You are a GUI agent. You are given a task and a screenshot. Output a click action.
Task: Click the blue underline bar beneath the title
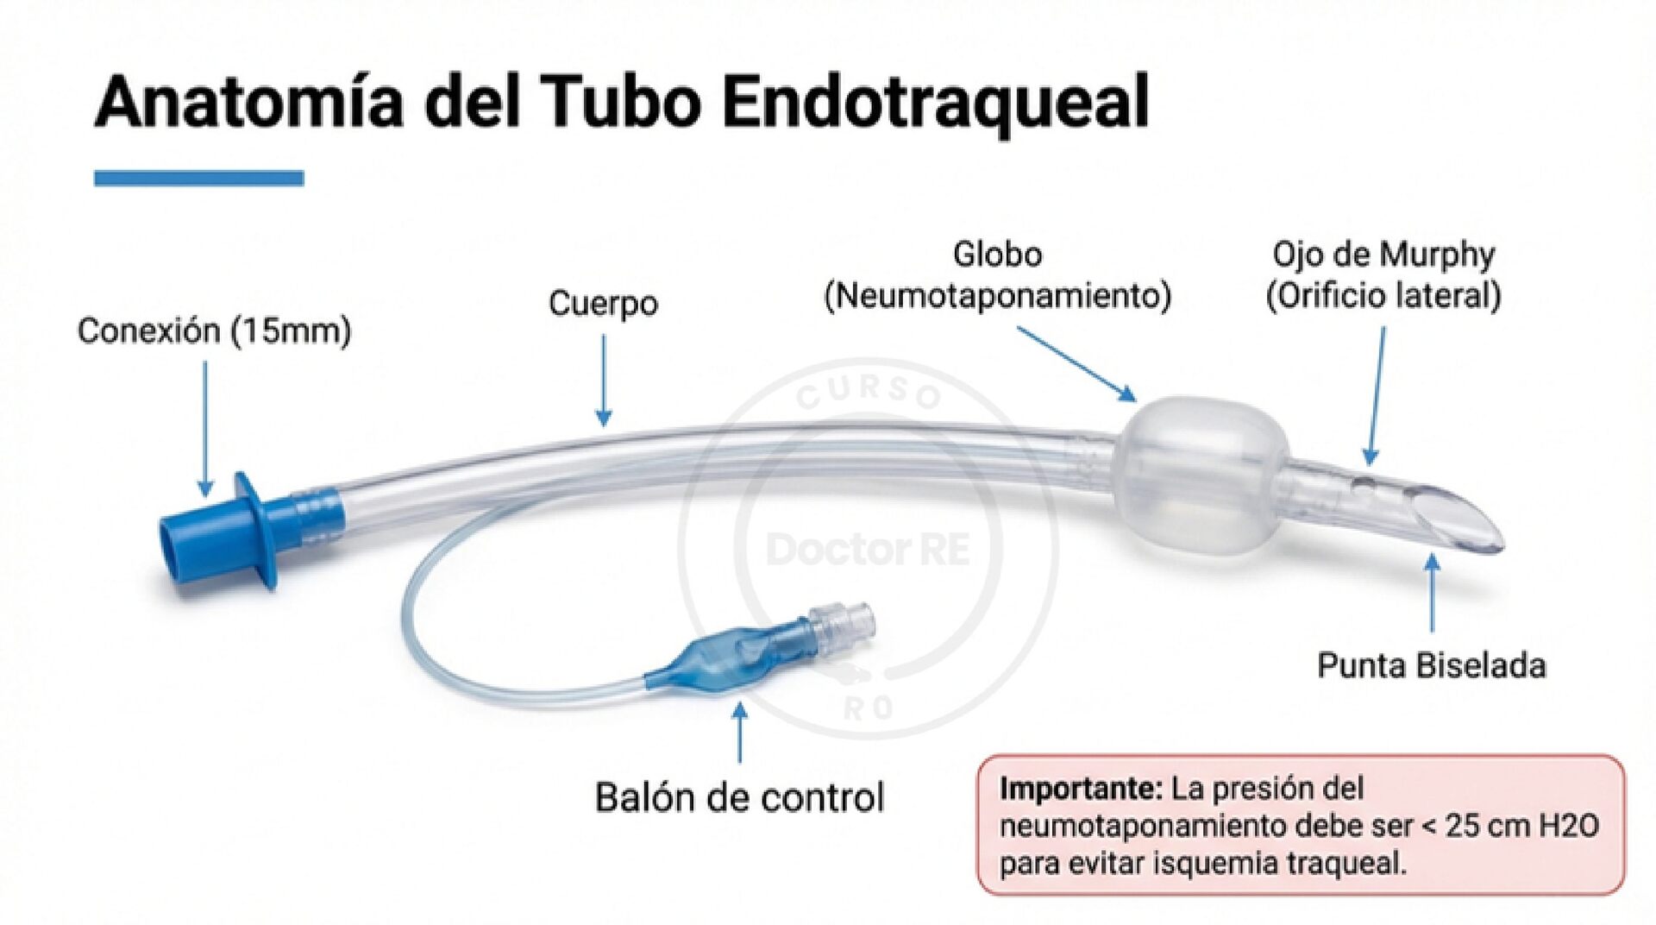click(x=198, y=179)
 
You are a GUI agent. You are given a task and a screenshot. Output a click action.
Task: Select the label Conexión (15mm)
click(x=214, y=330)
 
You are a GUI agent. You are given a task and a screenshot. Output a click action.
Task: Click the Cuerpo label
click(x=603, y=303)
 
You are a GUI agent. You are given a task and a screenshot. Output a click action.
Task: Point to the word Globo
click(x=997, y=255)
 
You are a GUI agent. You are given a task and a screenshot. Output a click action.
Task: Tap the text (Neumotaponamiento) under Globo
click(x=998, y=296)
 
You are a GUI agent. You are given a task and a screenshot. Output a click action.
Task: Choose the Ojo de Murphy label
click(x=1383, y=255)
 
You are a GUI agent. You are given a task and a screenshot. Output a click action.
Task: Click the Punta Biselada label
click(x=1431, y=665)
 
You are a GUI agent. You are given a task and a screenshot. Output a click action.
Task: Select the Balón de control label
click(x=739, y=797)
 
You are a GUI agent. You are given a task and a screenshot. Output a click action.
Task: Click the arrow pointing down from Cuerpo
click(x=604, y=380)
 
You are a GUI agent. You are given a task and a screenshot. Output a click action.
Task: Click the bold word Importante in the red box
click(x=1081, y=788)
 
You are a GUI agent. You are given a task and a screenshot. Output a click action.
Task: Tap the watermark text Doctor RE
click(x=868, y=550)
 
